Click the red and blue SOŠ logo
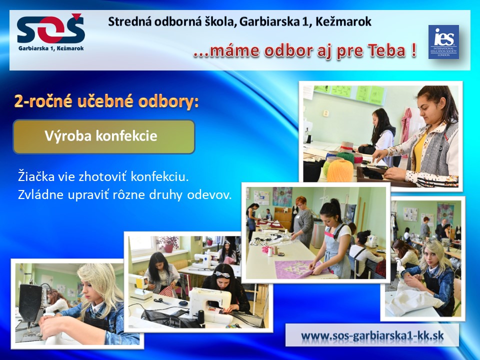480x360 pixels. pos(50,28)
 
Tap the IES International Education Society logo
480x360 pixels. pos(443,42)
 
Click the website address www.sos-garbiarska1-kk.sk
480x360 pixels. pos(372,335)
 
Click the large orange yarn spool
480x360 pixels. pos(340,170)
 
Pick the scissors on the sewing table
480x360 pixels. pos(162,300)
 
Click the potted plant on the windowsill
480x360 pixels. pos(168,243)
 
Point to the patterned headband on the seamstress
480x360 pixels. pos(222,274)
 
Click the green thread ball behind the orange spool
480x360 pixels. pos(345,157)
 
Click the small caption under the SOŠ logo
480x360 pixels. pos(51,48)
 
